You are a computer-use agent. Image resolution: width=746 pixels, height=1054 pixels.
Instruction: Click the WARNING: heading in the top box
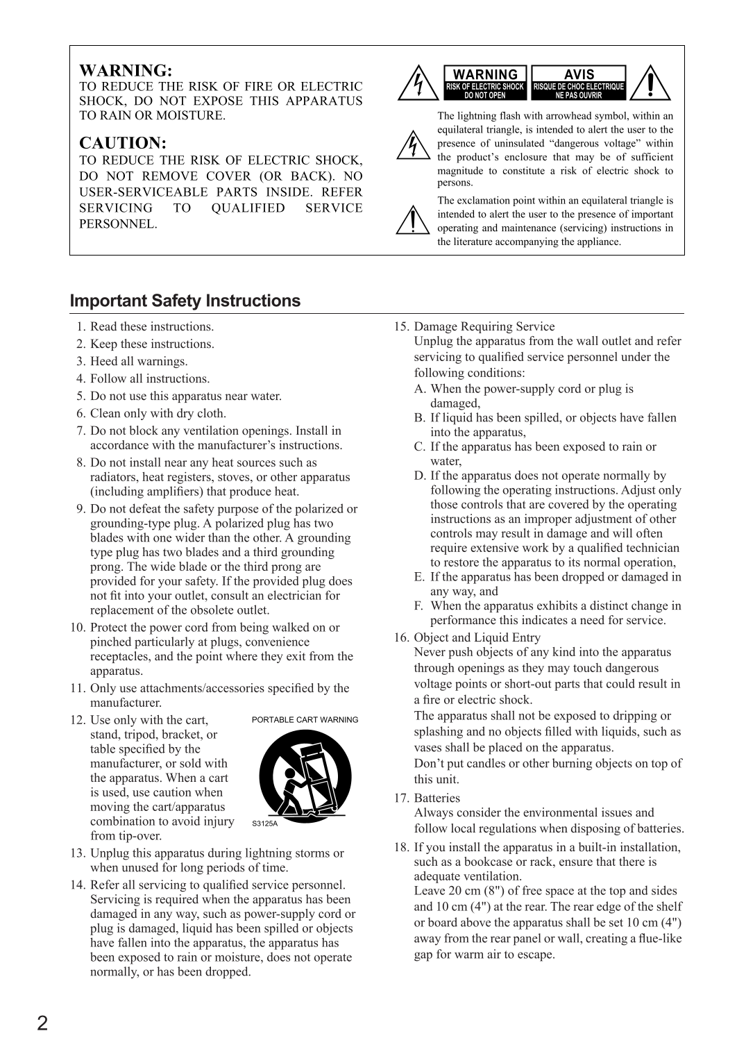pos(125,70)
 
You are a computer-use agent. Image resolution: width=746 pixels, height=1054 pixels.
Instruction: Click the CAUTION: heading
pos(123,143)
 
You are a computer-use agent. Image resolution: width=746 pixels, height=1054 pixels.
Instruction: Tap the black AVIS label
pos(579,74)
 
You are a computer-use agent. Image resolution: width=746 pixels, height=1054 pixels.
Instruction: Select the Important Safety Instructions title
pos(185,301)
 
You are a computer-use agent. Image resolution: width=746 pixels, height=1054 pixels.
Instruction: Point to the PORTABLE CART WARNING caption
pos(305,720)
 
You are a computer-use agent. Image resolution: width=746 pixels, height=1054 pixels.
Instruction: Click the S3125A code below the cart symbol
pos(264,823)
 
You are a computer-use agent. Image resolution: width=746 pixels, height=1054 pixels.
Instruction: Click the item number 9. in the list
pos(81,509)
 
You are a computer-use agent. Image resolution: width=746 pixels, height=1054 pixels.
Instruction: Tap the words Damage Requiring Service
pos(484,326)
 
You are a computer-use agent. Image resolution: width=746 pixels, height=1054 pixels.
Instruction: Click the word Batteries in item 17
pos(436,798)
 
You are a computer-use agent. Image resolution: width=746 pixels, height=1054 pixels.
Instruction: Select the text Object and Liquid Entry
pos(477,637)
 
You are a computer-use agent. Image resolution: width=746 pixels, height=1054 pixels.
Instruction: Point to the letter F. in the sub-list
pos(419,606)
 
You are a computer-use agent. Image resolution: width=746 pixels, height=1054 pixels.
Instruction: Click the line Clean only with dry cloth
pos(158,413)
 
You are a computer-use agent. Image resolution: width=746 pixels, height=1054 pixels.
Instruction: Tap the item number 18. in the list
pos(402,847)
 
